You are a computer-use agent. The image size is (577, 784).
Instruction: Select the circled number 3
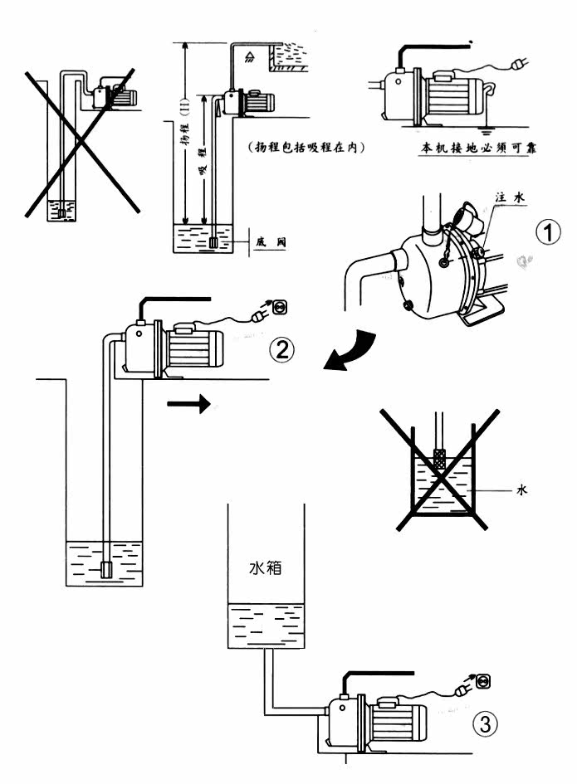pyautogui.click(x=486, y=723)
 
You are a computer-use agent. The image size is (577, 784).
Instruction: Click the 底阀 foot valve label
pyautogui.click(x=276, y=243)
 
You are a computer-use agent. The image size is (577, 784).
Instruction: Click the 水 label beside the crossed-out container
pyautogui.click(x=521, y=490)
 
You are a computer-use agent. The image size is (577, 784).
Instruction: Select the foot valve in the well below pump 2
pyautogui.click(x=106, y=569)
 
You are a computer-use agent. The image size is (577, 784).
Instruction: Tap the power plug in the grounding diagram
pyautogui.click(x=521, y=61)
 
